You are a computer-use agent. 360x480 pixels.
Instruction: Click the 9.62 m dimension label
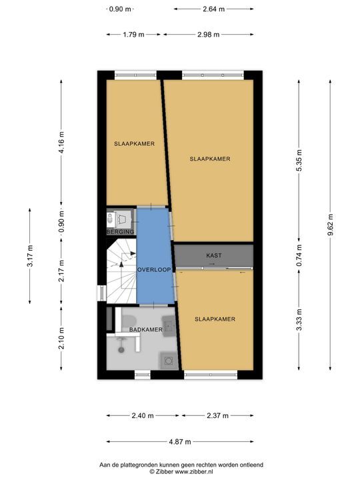coord(330,225)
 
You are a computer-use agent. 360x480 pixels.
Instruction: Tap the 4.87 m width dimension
coord(180,442)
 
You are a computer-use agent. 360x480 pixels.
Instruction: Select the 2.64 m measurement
coord(214,9)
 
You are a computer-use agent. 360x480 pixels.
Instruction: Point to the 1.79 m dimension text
coord(133,34)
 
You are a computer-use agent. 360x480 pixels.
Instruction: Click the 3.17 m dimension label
coord(30,256)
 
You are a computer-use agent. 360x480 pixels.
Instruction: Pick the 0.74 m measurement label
coord(299,255)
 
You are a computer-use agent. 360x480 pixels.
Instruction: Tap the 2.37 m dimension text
coord(217,415)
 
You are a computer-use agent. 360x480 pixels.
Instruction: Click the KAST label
coord(214,255)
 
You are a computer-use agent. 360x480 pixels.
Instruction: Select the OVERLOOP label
coord(154,270)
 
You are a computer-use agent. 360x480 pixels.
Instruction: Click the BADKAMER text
coord(146,330)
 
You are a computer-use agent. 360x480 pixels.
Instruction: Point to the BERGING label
coord(120,232)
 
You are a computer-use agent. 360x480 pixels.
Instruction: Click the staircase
coord(121,271)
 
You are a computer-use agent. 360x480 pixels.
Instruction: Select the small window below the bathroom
coord(143,375)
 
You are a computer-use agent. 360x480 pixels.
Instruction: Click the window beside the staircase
coord(101,293)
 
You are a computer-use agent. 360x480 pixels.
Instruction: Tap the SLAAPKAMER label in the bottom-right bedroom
coord(215,319)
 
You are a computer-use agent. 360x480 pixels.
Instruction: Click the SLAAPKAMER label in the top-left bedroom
coord(134,143)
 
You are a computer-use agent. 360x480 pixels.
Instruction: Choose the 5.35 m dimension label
coord(299,160)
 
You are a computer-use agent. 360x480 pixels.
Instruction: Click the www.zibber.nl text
coord(194,472)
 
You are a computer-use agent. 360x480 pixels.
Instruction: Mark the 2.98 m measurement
coord(209,34)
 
